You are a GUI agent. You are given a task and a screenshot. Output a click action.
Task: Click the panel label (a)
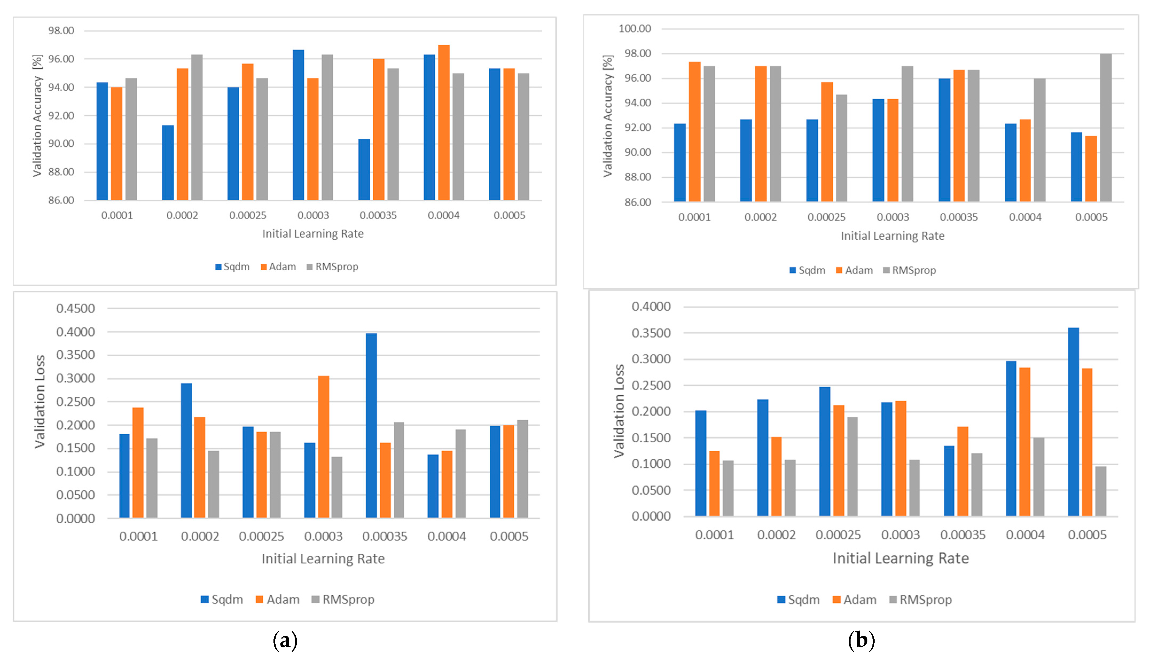pyautogui.click(x=285, y=641)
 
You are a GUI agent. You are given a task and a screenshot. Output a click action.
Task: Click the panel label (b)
pyautogui.click(x=861, y=641)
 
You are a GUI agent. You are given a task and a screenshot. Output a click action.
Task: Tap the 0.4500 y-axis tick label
pyautogui.click(x=75, y=309)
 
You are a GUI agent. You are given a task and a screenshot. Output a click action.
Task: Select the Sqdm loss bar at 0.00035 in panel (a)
pyautogui.click(x=371, y=425)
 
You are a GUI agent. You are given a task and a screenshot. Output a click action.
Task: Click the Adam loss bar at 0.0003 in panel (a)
pyautogui.click(x=324, y=447)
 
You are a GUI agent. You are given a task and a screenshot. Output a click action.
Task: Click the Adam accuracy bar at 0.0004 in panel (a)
pyautogui.click(x=444, y=123)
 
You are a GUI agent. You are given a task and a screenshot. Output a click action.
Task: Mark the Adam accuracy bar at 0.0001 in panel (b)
pyautogui.click(x=694, y=132)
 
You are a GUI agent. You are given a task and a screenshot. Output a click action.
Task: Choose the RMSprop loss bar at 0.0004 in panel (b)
pyautogui.click(x=1039, y=477)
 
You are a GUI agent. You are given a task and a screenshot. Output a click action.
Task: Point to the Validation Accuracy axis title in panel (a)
pyautogui.click(x=37, y=115)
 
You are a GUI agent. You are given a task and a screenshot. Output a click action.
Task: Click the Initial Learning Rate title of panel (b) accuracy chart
pyautogui.click(x=892, y=236)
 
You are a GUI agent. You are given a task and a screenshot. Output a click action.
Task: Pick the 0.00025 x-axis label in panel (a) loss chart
pyautogui.click(x=261, y=537)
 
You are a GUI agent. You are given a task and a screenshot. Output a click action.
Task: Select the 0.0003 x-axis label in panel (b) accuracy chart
pyautogui.click(x=893, y=217)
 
